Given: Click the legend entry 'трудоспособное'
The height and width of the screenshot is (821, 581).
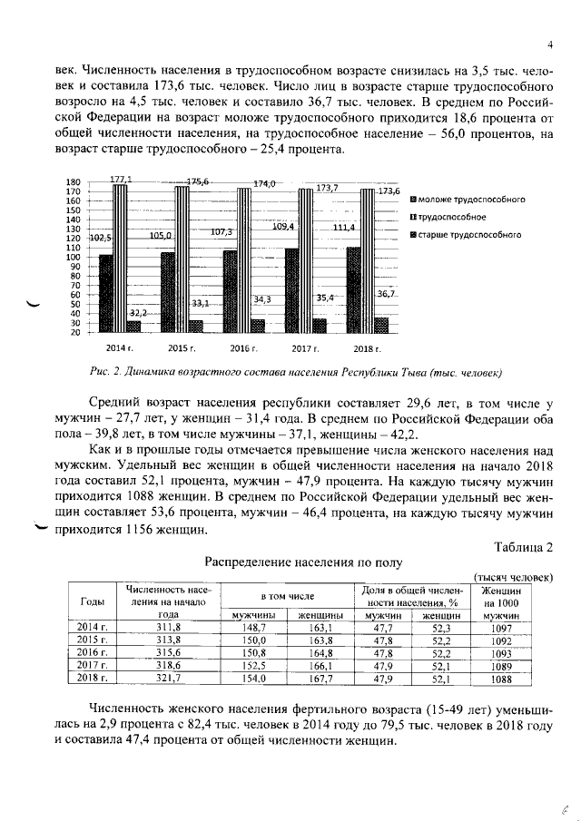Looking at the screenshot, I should [x=451, y=217].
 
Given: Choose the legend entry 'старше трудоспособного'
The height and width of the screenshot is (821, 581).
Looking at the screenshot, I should [x=468, y=235].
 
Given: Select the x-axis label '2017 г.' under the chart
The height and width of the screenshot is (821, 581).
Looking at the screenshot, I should [x=309, y=348].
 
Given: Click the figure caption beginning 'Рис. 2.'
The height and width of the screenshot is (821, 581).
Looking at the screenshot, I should [x=296, y=372].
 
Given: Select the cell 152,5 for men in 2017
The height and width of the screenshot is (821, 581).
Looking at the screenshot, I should [x=246, y=665].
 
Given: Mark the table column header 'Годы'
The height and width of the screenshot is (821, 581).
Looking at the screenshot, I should [x=93, y=601].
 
